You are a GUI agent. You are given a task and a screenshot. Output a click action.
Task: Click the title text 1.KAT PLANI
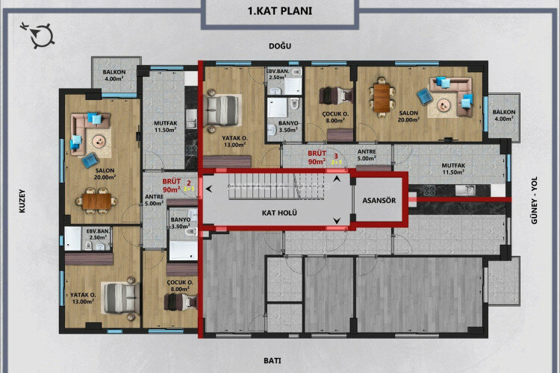tap(279, 11)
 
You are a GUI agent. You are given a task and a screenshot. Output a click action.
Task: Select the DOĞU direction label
tap(279, 46)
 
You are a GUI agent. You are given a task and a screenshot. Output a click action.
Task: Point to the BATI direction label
tap(273, 360)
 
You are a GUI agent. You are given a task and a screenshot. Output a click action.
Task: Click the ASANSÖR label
tap(379, 200)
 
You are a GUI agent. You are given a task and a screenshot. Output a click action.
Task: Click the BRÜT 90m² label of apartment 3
tap(318, 156)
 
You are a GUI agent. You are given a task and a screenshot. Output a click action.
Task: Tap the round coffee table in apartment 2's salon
tap(99, 139)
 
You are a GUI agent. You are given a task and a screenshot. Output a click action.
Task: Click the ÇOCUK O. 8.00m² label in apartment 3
tap(334, 115)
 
